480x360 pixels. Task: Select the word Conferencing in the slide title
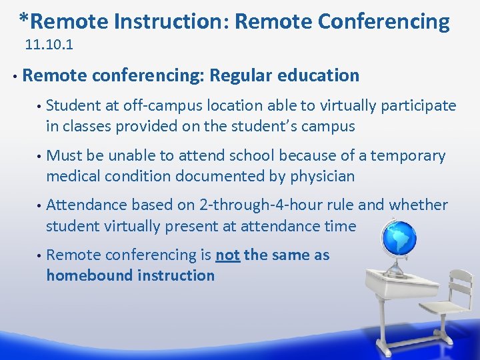(384, 22)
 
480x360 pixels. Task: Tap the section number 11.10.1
(49, 47)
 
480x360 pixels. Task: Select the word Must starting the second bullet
(65, 156)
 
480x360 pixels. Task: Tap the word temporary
(407, 156)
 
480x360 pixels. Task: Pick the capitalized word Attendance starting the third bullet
(87, 205)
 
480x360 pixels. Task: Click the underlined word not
(227, 255)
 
